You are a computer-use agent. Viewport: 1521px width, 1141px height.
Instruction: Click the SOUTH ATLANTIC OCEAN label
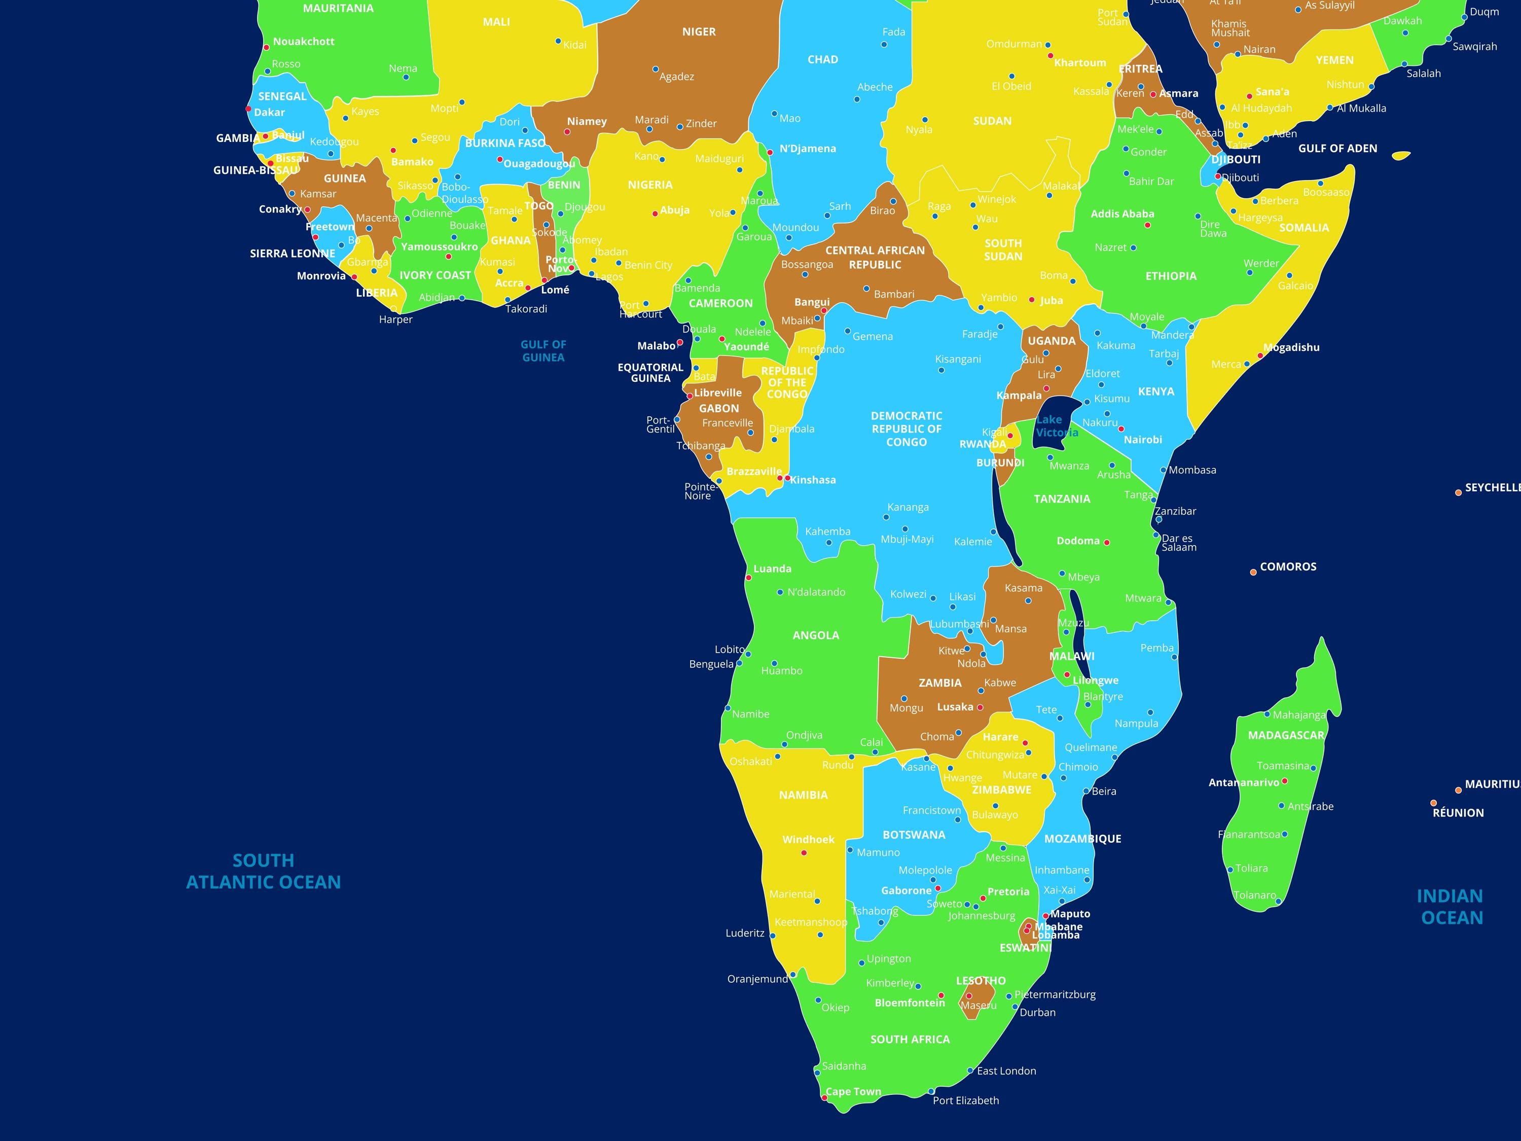pyautogui.click(x=263, y=871)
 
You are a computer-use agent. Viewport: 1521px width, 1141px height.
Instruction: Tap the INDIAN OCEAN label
pyautogui.click(x=1452, y=907)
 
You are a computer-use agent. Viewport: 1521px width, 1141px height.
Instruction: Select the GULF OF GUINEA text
pyautogui.click(x=543, y=351)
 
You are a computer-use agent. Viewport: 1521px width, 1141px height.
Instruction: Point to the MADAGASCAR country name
pyautogui.click(x=1286, y=735)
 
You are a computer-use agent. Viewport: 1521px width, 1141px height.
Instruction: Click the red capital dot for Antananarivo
pyautogui.click(x=1284, y=781)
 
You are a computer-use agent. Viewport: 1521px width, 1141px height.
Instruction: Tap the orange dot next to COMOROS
pyautogui.click(x=1253, y=572)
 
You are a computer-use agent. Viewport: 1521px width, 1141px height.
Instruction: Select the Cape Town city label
pyautogui.click(x=853, y=1091)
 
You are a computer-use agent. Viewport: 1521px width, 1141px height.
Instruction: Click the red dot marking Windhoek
pyautogui.click(x=804, y=853)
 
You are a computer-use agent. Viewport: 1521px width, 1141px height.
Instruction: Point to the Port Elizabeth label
pyautogui.click(x=965, y=1100)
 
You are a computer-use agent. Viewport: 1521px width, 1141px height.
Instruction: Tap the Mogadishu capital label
pyautogui.click(x=1291, y=347)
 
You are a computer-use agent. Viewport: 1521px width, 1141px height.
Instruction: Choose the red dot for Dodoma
pyautogui.click(x=1107, y=543)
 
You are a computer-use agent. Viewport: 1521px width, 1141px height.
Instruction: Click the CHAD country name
pyautogui.click(x=822, y=60)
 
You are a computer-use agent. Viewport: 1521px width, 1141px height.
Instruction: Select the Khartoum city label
pyautogui.click(x=1080, y=62)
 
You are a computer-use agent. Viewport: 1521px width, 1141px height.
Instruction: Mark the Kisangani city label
pyautogui.click(x=958, y=359)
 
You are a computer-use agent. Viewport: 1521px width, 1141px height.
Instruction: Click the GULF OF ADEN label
pyautogui.click(x=1337, y=149)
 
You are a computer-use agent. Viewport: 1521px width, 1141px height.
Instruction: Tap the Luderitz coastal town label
pyautogui.click(x=745, y=933)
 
